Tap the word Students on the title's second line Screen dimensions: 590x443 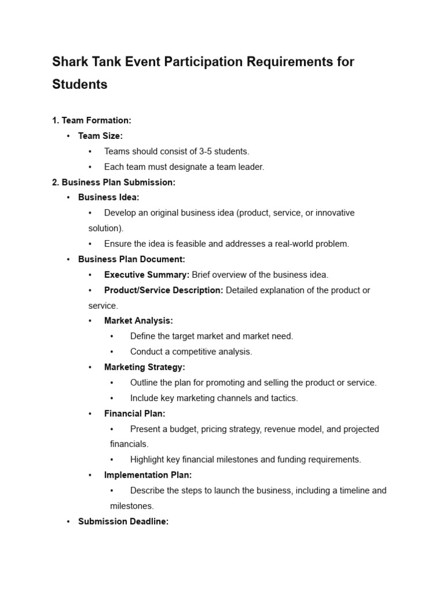pyautogui.click(x=80, y=84)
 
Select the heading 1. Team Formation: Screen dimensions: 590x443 pyautogui.click(x=92, y=120)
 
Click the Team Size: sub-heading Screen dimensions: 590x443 pyautogui.click(x=100, y=136)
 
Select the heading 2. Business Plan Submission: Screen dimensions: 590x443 pyautogui.click(x=114, y=182)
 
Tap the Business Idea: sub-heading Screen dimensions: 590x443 pyautogui.click(x=108, y=198)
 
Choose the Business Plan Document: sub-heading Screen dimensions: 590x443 pyautogui.click(x=132, y=259)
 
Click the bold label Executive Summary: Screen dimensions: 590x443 pyautogui.click(x=147, y=275)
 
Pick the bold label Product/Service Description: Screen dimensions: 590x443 pyautogui.click(x=163, y=290)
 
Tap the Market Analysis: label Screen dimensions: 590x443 pyautogui.click(x=138, y=321)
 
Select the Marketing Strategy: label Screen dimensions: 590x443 pyautogui.click(x=144, y=367)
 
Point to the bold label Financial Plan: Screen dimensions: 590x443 pyautogui.click(x=134, y=414)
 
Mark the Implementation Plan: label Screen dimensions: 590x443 pyautogui.click(x=148, y=475)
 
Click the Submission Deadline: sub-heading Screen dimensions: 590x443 pyautogui.click(x=123, y=521)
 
